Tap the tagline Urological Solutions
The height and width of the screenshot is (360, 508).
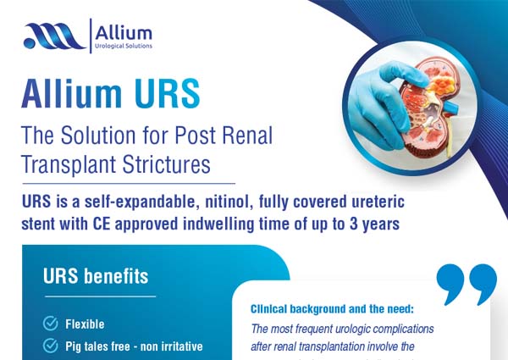pos(124,46)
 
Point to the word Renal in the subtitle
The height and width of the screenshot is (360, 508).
pos(250,133)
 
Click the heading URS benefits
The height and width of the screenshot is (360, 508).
pos(96,277)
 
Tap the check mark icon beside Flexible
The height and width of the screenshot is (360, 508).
pos(51,324)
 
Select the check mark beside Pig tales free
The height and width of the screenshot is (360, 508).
pos(51,346)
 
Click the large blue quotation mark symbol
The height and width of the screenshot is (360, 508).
pos(466,284)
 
